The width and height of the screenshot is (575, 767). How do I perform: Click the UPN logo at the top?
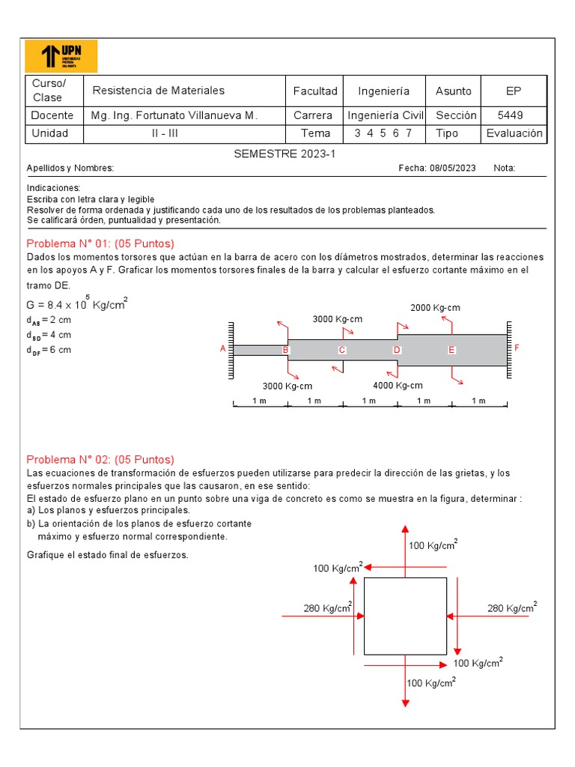tap(61, 56)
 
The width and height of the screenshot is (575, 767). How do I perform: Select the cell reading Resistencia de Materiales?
tap(158, 91)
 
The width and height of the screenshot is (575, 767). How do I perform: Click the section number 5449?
tap(510, 115)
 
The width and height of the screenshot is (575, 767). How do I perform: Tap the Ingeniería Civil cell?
tap(386, 115)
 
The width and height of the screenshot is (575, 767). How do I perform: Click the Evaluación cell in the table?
tap(514, 133)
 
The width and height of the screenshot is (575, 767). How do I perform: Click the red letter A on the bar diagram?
tap(223, 349)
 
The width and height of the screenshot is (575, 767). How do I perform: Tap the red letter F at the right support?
tap(516, 348)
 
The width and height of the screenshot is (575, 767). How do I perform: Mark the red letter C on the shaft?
tap(342, 350)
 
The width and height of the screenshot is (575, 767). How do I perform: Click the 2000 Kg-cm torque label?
tap(435, 308)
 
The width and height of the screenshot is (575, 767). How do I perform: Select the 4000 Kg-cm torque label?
tap(398, 386)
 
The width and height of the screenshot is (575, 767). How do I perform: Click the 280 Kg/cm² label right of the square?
tap(512, 607)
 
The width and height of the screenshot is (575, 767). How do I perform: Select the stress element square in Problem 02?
tap(405, 616)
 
